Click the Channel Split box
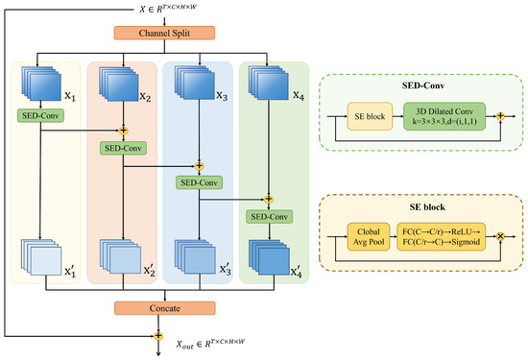[164, 33]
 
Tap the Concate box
[165, 308]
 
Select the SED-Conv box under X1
[40, 115]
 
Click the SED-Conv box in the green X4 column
[269, 217]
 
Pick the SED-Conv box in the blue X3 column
[199, 182]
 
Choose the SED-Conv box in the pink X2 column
[123, 148]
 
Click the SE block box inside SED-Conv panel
[370, 116]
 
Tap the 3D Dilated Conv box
[444, 116]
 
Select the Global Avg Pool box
[369, 236]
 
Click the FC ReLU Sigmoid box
[442, 236]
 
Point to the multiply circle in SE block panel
[500, 236]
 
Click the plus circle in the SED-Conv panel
[500, 116]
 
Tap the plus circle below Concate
[158, 336]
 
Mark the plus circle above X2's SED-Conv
[123, 130]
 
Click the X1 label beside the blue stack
[70, 97]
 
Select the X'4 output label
[297, 271]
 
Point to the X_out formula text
[211, 344]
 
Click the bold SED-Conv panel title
[423, 85]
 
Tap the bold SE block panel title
[427, 206]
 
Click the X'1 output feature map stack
[41, 257]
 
